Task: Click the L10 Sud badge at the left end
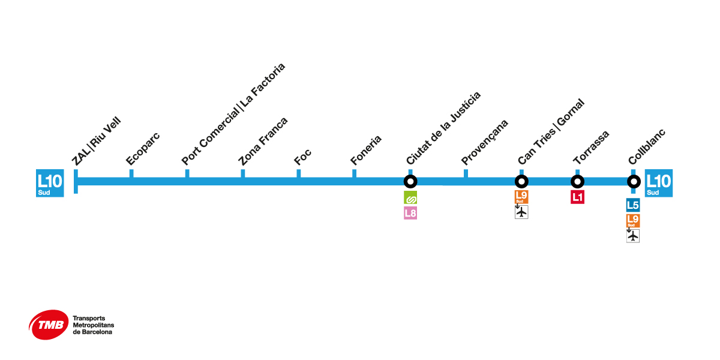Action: pos(50,183)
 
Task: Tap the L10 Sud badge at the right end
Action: pos(658,183)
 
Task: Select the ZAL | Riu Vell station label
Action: pos(96,143)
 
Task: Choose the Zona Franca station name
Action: pos(263,142)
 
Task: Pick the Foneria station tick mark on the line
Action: pos(355,173)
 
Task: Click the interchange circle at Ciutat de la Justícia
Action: pos(410,181)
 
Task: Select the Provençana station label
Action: pos(485,142)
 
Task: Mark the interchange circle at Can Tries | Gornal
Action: pos(521,181)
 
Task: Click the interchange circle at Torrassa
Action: pos(577,181)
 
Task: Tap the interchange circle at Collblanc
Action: pos(633,181)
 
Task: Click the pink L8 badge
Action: pos(410,212)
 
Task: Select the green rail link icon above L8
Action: pos(410,197)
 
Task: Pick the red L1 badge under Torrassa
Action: pos(577,197)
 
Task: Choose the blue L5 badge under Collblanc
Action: pos(633,205)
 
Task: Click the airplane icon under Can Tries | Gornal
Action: pos(521,212)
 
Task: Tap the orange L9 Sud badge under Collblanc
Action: pos(633,220)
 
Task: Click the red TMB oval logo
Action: pos(49,325)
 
